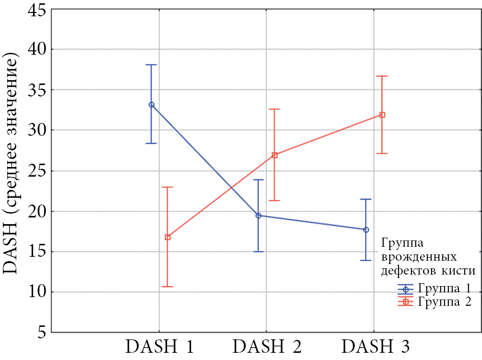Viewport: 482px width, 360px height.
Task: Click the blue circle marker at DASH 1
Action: tap(152, 105)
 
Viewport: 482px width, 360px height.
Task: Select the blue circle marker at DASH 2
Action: tap(258, 216)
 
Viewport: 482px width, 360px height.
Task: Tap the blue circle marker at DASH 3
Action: tap(366, 230)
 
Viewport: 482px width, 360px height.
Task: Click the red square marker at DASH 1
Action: tap(168, 237)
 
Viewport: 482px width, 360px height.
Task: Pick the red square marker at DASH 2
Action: tap(275, 155)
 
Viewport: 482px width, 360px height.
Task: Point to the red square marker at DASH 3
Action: tap(382, 115)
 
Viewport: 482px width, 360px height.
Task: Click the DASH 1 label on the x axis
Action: tap(160, 347)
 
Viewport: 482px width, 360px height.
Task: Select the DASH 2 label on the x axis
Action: tap(267, 347)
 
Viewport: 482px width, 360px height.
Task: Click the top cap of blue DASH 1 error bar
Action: tap(152, 64)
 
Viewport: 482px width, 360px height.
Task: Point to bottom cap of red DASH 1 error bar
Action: tap(168, 287)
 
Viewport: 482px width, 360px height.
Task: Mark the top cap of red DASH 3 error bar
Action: tap(382, 76)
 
